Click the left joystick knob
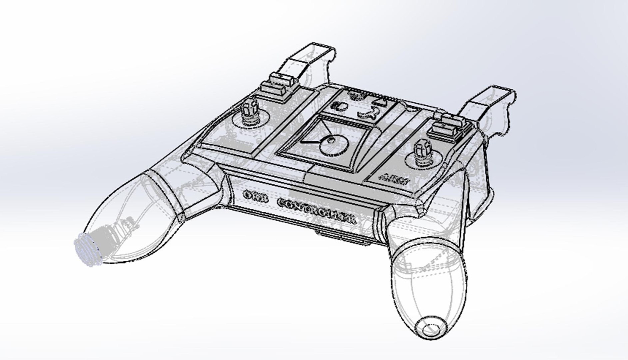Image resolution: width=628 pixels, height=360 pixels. [250, 107]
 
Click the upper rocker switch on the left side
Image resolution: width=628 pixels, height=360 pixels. [282, 79]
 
